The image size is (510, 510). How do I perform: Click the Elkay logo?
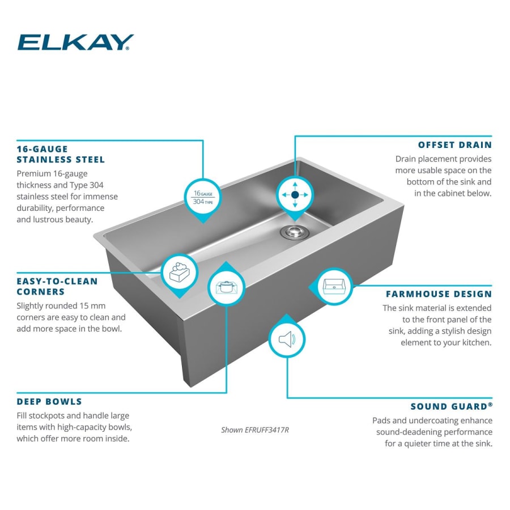click(75, 42)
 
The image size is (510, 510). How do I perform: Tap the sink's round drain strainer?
click(293, 231)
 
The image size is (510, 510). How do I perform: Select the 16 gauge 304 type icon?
click(203, 197)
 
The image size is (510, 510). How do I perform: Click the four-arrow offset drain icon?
click(295, 194)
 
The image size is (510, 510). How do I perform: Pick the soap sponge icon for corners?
click(180, 273)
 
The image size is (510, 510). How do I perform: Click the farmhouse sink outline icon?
click(334, 286)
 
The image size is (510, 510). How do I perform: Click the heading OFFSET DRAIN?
click(454, 144)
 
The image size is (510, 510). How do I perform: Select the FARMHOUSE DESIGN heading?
click(439, 294)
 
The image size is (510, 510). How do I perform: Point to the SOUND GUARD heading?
click(451, 406)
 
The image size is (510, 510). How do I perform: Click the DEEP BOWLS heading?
click(49, 402)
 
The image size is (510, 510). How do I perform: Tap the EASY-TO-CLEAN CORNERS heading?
click(57, 286)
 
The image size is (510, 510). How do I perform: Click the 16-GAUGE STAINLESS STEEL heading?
click(61, 154)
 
